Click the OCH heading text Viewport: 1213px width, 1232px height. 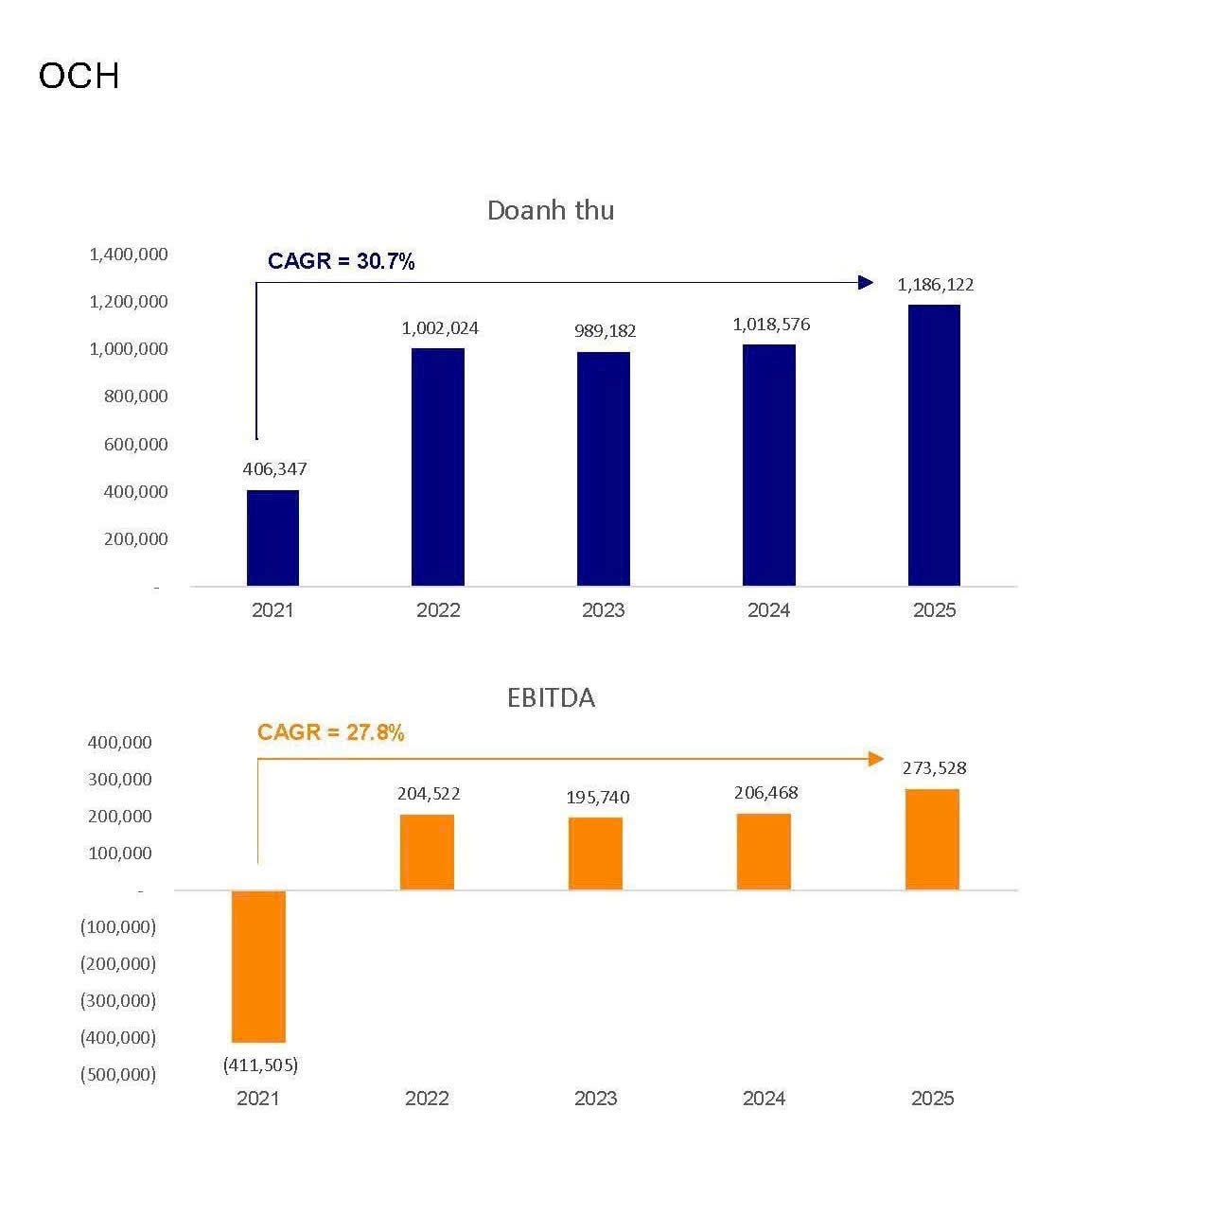[x=79, y=76]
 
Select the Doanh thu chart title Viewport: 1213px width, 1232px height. [x=550, y=210]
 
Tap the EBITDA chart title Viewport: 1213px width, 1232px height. [x=551, y=698]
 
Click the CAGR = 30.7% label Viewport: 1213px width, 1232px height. [x=341, y=261]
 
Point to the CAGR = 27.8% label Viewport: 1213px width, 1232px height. [x=330, y=732]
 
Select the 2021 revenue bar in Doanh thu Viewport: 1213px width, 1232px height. [x=272, y=537]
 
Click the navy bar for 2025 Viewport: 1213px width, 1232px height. [x=934, y=445]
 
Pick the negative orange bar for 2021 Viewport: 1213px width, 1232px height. [x=258, y=966]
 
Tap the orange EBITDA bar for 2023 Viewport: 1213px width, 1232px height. [x=595, y=853]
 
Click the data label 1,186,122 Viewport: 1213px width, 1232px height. [x=935, y=285]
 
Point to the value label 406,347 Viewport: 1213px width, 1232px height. [x=274, y=469]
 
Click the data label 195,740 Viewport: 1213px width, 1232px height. [x=597, y=798]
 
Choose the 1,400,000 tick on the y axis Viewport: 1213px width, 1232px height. [x=129, y=255]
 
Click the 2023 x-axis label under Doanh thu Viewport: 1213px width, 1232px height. [x=603, y=610]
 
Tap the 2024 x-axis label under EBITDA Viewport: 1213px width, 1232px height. [x=764, y=1099]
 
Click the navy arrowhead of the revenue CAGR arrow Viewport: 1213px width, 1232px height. [x=866, y=282]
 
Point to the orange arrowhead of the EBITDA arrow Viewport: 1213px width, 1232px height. [x=876, y=759]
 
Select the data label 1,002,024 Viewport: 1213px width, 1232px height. [x=440, y=328]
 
